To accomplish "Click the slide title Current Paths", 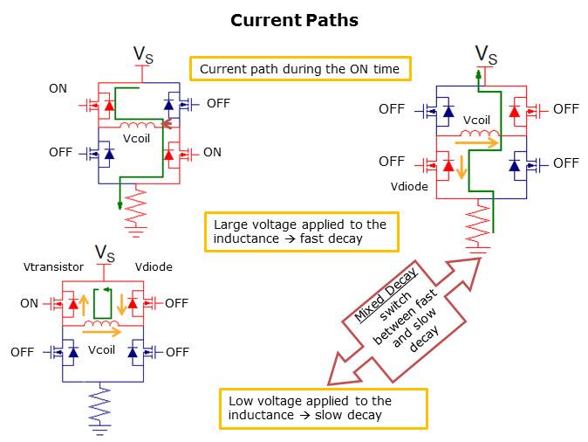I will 294,20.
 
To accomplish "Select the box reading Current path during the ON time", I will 300,69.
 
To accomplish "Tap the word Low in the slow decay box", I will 241,401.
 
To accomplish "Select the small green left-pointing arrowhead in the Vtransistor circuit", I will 106,290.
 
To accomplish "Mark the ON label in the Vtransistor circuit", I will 30,303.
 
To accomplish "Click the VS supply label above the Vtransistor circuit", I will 105,253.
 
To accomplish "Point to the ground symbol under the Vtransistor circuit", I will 102,427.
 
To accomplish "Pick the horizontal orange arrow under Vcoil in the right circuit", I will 481,142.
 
